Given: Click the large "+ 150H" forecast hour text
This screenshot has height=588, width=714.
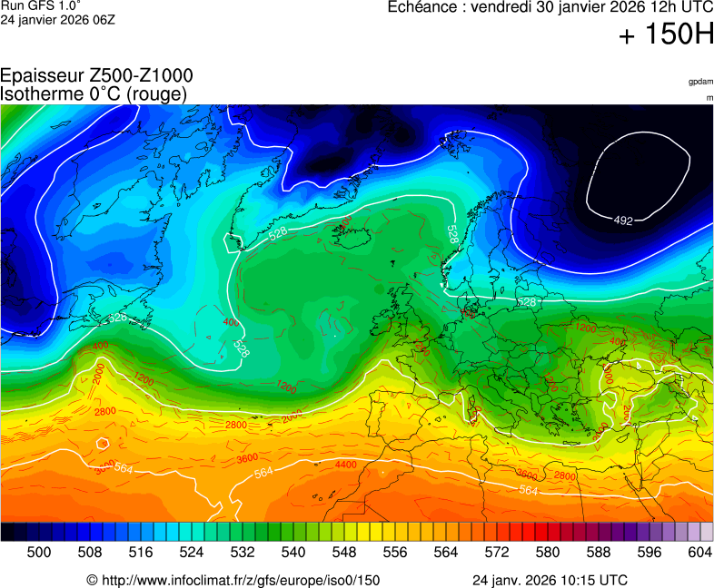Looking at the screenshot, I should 666,35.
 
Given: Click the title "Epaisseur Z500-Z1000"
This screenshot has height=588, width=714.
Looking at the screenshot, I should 96,76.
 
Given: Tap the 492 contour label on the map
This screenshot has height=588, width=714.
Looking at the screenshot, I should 623,220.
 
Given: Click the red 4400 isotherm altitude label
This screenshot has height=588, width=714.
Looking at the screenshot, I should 345,465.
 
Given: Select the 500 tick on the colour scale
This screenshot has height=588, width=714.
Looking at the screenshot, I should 39,552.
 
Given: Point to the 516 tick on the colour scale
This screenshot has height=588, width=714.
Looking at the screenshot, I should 141,552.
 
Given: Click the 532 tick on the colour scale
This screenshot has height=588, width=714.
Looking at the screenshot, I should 243,552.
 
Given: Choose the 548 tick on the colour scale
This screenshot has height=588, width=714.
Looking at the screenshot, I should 344,552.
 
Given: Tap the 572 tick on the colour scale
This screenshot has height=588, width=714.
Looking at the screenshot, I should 497,552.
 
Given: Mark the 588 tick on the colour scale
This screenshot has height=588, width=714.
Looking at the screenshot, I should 599,552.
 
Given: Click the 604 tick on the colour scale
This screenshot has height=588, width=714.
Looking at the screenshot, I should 699,552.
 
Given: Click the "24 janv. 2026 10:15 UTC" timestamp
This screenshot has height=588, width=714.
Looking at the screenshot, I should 550,580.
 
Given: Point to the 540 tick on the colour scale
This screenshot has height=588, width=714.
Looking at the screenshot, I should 293,552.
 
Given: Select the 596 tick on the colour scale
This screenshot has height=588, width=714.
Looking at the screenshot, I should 650,552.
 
